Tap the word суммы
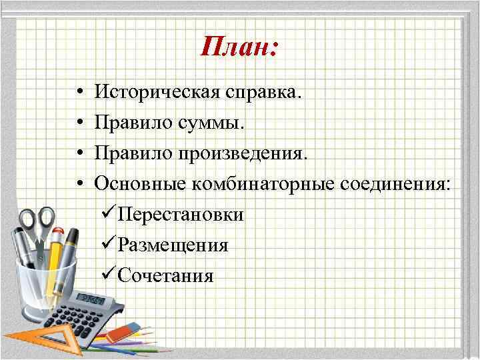coord(213,123)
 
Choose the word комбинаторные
coord(261,183)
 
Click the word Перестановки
coord(180,215)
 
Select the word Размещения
coord(173,245)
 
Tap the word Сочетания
coord(165,275)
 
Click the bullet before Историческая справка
coord(79,91)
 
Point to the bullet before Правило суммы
coord(79,121)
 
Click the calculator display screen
coord(93,298)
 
